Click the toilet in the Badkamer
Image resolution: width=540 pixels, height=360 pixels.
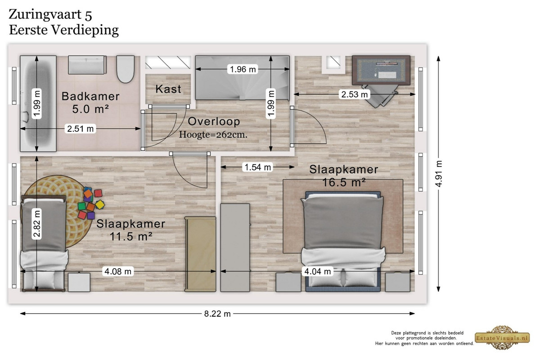126,69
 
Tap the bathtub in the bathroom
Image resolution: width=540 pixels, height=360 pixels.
38,103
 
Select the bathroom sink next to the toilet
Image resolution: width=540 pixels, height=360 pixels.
87,65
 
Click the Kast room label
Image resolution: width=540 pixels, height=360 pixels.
168,89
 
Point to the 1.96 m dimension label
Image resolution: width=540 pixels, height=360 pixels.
243,69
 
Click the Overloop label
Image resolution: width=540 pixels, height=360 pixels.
214,121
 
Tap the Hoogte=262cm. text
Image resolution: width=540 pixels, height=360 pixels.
213,135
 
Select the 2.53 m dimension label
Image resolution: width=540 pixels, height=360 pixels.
355,94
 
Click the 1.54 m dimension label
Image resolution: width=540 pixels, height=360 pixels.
258,167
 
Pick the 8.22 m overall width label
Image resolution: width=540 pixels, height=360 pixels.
217,314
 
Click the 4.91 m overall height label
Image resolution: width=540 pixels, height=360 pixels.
439,174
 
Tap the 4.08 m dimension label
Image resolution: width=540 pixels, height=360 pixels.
118,271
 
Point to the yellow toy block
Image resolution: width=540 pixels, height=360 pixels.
100,204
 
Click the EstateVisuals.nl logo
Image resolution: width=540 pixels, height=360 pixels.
502,337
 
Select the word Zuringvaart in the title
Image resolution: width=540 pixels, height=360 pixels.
45,15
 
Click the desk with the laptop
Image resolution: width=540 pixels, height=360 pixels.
381,70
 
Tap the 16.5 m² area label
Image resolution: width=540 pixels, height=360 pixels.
344,182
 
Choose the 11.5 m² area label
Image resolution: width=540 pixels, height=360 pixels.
131,236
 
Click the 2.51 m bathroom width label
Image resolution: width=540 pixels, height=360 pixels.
80,129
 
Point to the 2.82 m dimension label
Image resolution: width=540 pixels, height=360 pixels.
37,224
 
